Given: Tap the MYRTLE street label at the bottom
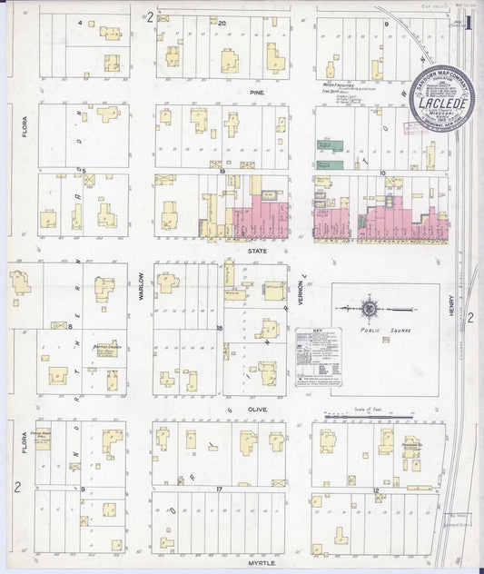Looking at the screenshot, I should (x=263, y=563).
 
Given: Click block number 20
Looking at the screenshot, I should (x=221, y=19).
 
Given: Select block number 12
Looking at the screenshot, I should (x=374, y=490).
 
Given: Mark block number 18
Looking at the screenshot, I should (x=220, y=327).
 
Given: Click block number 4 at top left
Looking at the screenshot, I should (x=80, y=20).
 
